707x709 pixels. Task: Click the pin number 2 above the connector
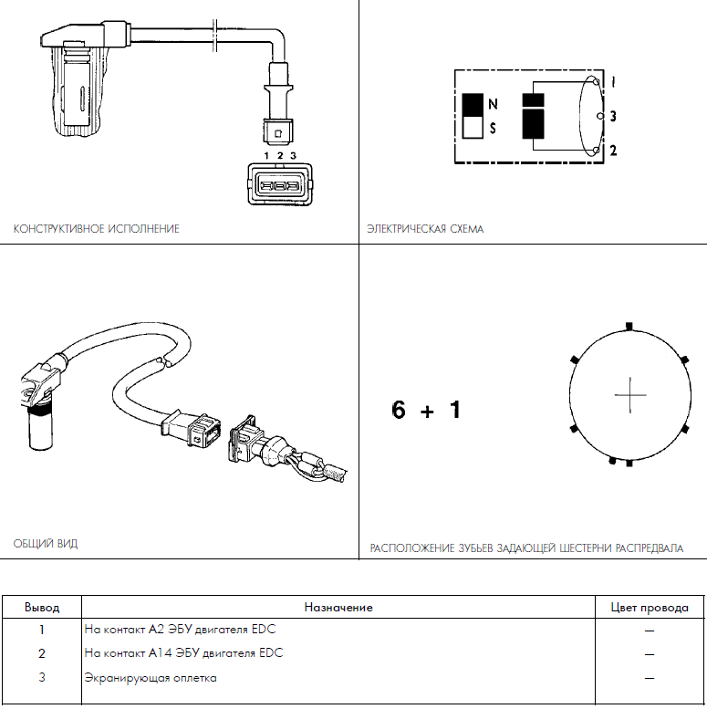coord(280,155)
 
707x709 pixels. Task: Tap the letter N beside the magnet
coord(493,104)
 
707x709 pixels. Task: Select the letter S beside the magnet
coord(493,129)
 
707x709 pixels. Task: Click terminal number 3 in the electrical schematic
coord(613,116)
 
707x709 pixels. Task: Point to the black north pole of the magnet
coord(473,104)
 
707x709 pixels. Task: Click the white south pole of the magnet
coord(473,127)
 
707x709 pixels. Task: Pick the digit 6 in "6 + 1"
coord(399,410)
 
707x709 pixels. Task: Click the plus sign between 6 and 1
coord(427,412)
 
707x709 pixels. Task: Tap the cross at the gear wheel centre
coord(630,395)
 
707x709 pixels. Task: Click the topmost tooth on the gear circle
coord(629,327)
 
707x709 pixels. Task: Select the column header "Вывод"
coord(42,608)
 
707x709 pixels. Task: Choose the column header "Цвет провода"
coord(650,608)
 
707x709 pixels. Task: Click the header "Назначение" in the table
coord(338,608)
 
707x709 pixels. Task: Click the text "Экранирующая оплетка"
coord(151,678)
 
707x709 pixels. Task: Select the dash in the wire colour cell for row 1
coord(650,631)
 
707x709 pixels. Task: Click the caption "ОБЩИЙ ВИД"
coord(46,544)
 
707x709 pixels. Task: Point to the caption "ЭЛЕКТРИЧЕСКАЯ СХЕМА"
coord(425,229)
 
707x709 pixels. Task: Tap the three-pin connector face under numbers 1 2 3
coord(280,184)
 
